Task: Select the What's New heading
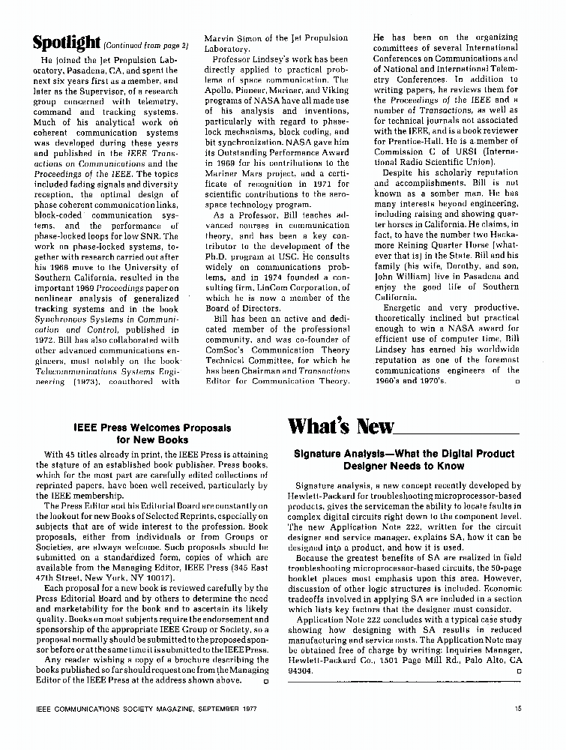pos(340,427)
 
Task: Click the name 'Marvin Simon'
pos(229,38)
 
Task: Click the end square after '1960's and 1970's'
pos(518,382)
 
